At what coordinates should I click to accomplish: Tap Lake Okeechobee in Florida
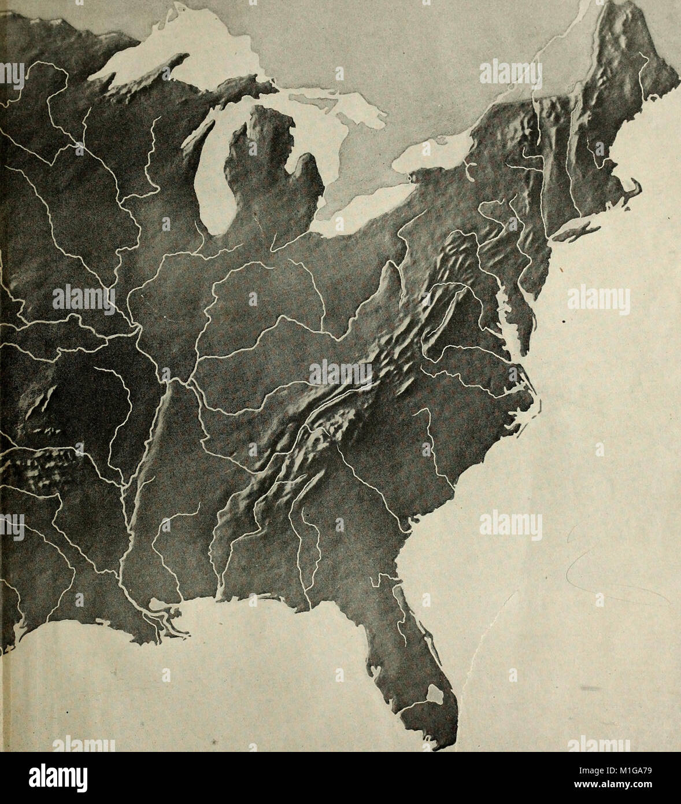point(435,694)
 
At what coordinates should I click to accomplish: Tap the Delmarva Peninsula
point(523,312)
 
